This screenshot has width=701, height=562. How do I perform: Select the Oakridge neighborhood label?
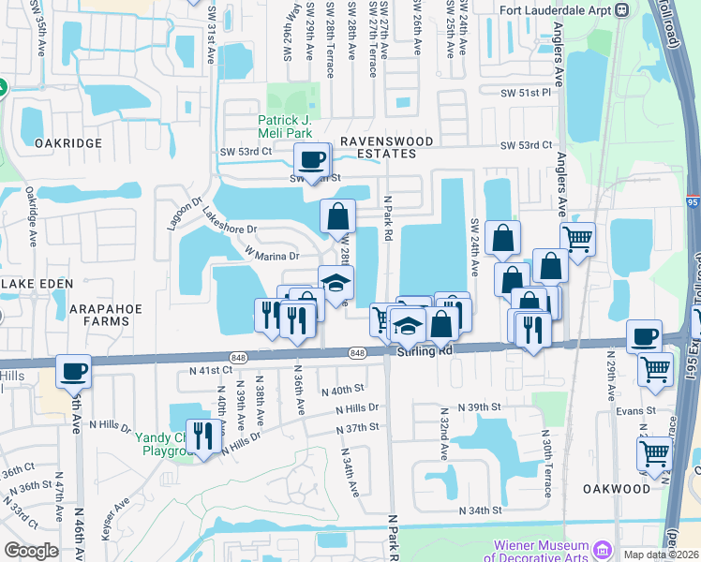[x=67, y=142]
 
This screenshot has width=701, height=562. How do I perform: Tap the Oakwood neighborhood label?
[x=617, y=489]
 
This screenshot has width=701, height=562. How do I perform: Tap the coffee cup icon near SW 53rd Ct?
[x=312, y=159]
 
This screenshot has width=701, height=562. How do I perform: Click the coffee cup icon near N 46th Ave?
[x=73, y=370]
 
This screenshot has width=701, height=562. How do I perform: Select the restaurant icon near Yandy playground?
[x=201, y=434]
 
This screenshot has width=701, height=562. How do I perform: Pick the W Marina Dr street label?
[x=273, y=255]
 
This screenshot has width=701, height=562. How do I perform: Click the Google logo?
[x=31, y=551]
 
